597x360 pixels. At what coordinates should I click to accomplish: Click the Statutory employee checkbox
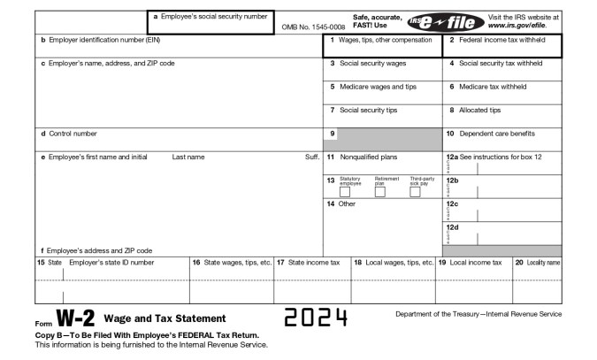pos(345,191)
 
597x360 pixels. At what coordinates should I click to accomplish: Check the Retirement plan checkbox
pos(379,191)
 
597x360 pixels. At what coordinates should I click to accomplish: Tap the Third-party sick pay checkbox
pos(415,191)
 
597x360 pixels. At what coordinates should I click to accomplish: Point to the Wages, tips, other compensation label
pos(384,41)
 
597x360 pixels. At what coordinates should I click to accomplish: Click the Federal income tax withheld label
pos(502,41)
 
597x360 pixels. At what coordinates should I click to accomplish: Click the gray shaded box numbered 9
pos(382,138)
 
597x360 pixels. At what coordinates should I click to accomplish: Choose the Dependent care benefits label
pos(496,134)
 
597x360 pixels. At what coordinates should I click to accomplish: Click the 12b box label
pos(452,180)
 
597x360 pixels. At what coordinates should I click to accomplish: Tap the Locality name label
pos(543,263)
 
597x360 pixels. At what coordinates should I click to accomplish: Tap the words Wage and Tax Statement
pos(165,318)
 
